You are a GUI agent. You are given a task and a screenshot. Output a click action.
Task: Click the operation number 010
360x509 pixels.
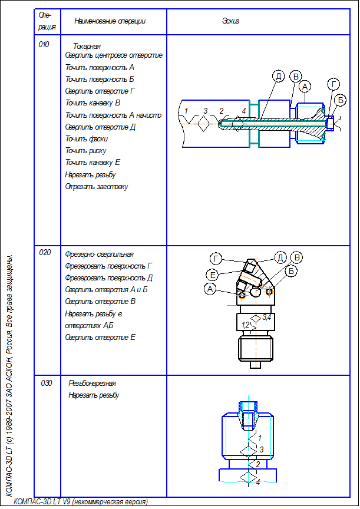click(44, 44)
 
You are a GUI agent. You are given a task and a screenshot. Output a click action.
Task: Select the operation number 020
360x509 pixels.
click(45, 253)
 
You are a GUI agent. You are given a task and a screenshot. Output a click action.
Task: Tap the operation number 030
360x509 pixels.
click(47, 383)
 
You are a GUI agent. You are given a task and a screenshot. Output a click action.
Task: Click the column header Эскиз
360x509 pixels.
click(230, 21)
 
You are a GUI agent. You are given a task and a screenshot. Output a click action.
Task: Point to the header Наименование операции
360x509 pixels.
click(110, 21)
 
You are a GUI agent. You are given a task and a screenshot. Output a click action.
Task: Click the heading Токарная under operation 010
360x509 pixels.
click(87, 46)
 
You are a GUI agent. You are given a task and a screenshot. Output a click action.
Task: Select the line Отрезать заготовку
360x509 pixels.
click(97, 187)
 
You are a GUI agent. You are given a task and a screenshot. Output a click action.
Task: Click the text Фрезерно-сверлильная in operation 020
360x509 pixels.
click(100, 254)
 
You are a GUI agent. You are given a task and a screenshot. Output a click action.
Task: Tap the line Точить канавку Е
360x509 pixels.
click(93, 163)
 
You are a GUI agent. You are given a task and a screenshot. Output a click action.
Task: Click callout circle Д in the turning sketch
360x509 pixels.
click(279, 77)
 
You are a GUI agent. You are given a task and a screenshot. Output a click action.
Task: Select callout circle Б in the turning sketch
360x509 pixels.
click(340, 100)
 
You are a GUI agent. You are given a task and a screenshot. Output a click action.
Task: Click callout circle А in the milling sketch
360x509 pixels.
click(210, 289)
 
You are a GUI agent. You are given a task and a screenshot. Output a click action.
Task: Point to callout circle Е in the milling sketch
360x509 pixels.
click(213, 275)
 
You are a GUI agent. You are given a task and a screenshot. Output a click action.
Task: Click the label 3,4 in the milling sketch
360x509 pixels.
click(267, 318)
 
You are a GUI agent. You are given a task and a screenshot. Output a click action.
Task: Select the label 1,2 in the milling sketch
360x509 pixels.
click(246, 325)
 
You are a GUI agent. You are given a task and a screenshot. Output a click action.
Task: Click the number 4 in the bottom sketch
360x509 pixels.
click(257, 482)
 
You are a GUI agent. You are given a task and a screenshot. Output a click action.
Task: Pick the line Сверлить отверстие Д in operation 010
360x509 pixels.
click(101, 127)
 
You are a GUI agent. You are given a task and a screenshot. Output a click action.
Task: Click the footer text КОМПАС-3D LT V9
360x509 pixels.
click(80, 501)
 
